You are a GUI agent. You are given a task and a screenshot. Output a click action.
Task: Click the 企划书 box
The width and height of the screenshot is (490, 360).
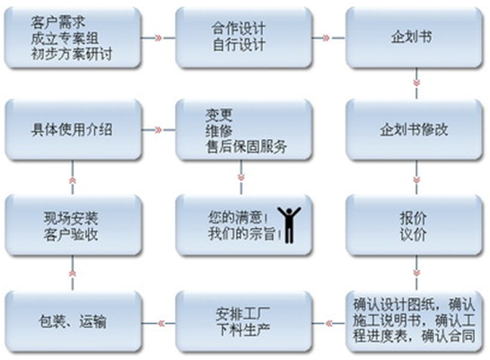pos(414,38)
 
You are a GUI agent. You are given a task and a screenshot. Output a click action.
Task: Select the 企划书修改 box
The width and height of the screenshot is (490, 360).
pos(414,129)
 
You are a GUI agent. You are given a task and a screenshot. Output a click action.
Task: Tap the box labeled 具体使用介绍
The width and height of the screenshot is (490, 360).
pos(73,129)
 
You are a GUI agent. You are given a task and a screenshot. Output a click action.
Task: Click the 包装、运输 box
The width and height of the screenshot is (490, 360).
pos(73,322)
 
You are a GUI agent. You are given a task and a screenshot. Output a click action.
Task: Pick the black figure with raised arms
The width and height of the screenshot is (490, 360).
pos(289,224)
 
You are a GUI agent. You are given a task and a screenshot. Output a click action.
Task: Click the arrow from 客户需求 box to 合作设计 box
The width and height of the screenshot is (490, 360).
pos(158,38)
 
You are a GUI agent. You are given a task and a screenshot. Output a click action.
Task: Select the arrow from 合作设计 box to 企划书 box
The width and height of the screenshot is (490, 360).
pos(328,38)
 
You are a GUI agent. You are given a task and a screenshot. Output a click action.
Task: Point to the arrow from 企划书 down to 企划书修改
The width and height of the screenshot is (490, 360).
pos(416,83)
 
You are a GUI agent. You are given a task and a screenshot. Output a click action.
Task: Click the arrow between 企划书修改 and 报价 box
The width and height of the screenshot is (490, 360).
pos(416,178)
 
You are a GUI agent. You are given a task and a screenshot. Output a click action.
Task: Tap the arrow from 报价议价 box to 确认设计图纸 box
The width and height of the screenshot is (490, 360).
pos(416,273)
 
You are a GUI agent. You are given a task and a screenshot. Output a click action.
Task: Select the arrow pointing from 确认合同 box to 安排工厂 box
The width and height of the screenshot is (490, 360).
pos(328,323)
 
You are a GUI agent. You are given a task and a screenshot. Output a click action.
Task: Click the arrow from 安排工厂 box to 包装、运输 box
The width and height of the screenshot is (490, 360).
pos(158,323)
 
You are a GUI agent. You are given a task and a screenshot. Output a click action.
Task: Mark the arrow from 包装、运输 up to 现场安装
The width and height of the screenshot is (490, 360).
pos(73,273)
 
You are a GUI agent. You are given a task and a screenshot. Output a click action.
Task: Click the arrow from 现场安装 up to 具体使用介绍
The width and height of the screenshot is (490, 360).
pos(73,178)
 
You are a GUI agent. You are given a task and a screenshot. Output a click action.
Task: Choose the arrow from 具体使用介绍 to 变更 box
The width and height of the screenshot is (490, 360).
pos(158,129)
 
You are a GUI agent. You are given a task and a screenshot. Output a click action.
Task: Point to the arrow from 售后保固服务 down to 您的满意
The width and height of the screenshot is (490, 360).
pos(241,178)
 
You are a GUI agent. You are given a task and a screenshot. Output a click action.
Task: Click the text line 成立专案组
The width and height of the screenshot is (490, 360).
pos(65,39)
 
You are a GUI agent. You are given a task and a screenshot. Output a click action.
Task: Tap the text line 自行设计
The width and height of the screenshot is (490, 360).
pos(239,45)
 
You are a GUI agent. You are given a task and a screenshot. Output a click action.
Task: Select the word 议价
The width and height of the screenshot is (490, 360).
pos(413,234)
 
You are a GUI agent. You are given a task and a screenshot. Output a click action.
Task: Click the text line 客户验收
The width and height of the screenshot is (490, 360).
pos(71,234)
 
